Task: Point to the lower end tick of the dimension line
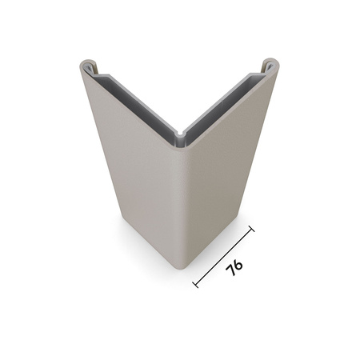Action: [x=196, y=283]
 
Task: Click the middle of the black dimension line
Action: [x=224, y=256]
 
